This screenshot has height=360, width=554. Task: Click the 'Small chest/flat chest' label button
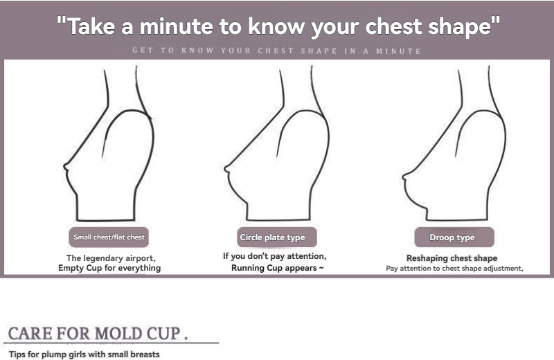coord(109,237)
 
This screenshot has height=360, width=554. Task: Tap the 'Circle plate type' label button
coord(276,237)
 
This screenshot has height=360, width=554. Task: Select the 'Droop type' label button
coord(454,237)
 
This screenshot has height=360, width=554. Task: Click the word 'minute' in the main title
coord(177,26)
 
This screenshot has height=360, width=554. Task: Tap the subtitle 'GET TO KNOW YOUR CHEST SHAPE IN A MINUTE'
coord(276,51)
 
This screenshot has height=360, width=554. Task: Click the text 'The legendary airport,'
coord(111,258)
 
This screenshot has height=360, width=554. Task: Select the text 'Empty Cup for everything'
coord(109,268)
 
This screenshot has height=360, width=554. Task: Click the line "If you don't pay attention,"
coord(274,256)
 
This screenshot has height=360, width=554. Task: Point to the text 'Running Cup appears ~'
coord(278,268)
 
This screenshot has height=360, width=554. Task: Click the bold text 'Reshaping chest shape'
coord(452,258)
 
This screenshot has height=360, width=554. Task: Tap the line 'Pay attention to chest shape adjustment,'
coord(454,269)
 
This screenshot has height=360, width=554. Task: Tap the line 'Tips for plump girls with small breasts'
coord(84,354)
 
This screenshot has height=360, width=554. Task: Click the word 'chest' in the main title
coord(393,26)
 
